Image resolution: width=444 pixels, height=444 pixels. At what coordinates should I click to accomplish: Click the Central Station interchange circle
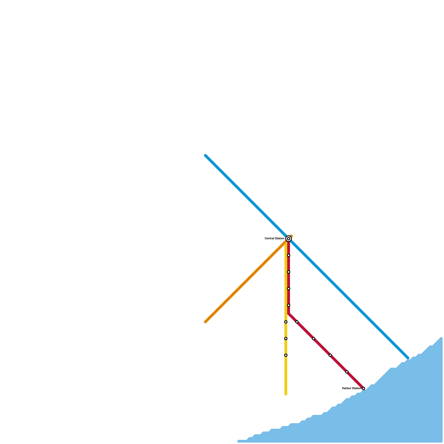[289, 239]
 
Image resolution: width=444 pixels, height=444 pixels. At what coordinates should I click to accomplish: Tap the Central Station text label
[274, 239]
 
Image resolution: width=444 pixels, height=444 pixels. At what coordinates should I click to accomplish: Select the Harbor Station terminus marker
[364, 389]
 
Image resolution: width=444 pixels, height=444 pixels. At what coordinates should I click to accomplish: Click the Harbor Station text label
[352, 389]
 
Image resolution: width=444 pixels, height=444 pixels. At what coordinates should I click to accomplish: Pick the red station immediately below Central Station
[289, 255]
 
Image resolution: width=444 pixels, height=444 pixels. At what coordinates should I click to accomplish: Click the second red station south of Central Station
[289, 272]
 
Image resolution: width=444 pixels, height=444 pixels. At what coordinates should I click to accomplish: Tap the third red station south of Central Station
[289, 289]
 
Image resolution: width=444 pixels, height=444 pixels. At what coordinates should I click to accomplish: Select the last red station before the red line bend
[289, 305]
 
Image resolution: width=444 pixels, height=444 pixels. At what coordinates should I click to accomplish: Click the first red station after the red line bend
[297, 322]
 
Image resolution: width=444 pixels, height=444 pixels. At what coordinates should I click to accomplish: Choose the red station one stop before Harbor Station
[347, 372]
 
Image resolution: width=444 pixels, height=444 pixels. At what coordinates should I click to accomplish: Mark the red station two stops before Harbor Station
[330, 355]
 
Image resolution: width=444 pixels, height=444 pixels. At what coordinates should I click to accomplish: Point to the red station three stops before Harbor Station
[314, 339]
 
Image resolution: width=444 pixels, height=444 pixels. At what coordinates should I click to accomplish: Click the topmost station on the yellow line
[286, 322]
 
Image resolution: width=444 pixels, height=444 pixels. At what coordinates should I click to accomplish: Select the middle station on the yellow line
[286, 339]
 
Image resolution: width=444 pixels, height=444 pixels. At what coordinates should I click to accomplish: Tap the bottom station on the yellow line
[286, 355]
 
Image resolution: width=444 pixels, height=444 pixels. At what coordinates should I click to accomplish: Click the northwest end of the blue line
[205, 155]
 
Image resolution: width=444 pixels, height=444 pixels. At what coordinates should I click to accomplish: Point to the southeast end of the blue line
[408, 358]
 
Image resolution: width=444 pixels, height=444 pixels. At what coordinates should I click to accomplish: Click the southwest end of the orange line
[205, 322]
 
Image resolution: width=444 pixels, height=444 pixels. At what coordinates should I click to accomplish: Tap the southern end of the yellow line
[286, 394]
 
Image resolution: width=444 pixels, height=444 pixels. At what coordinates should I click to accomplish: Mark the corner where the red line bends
[289, 314]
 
